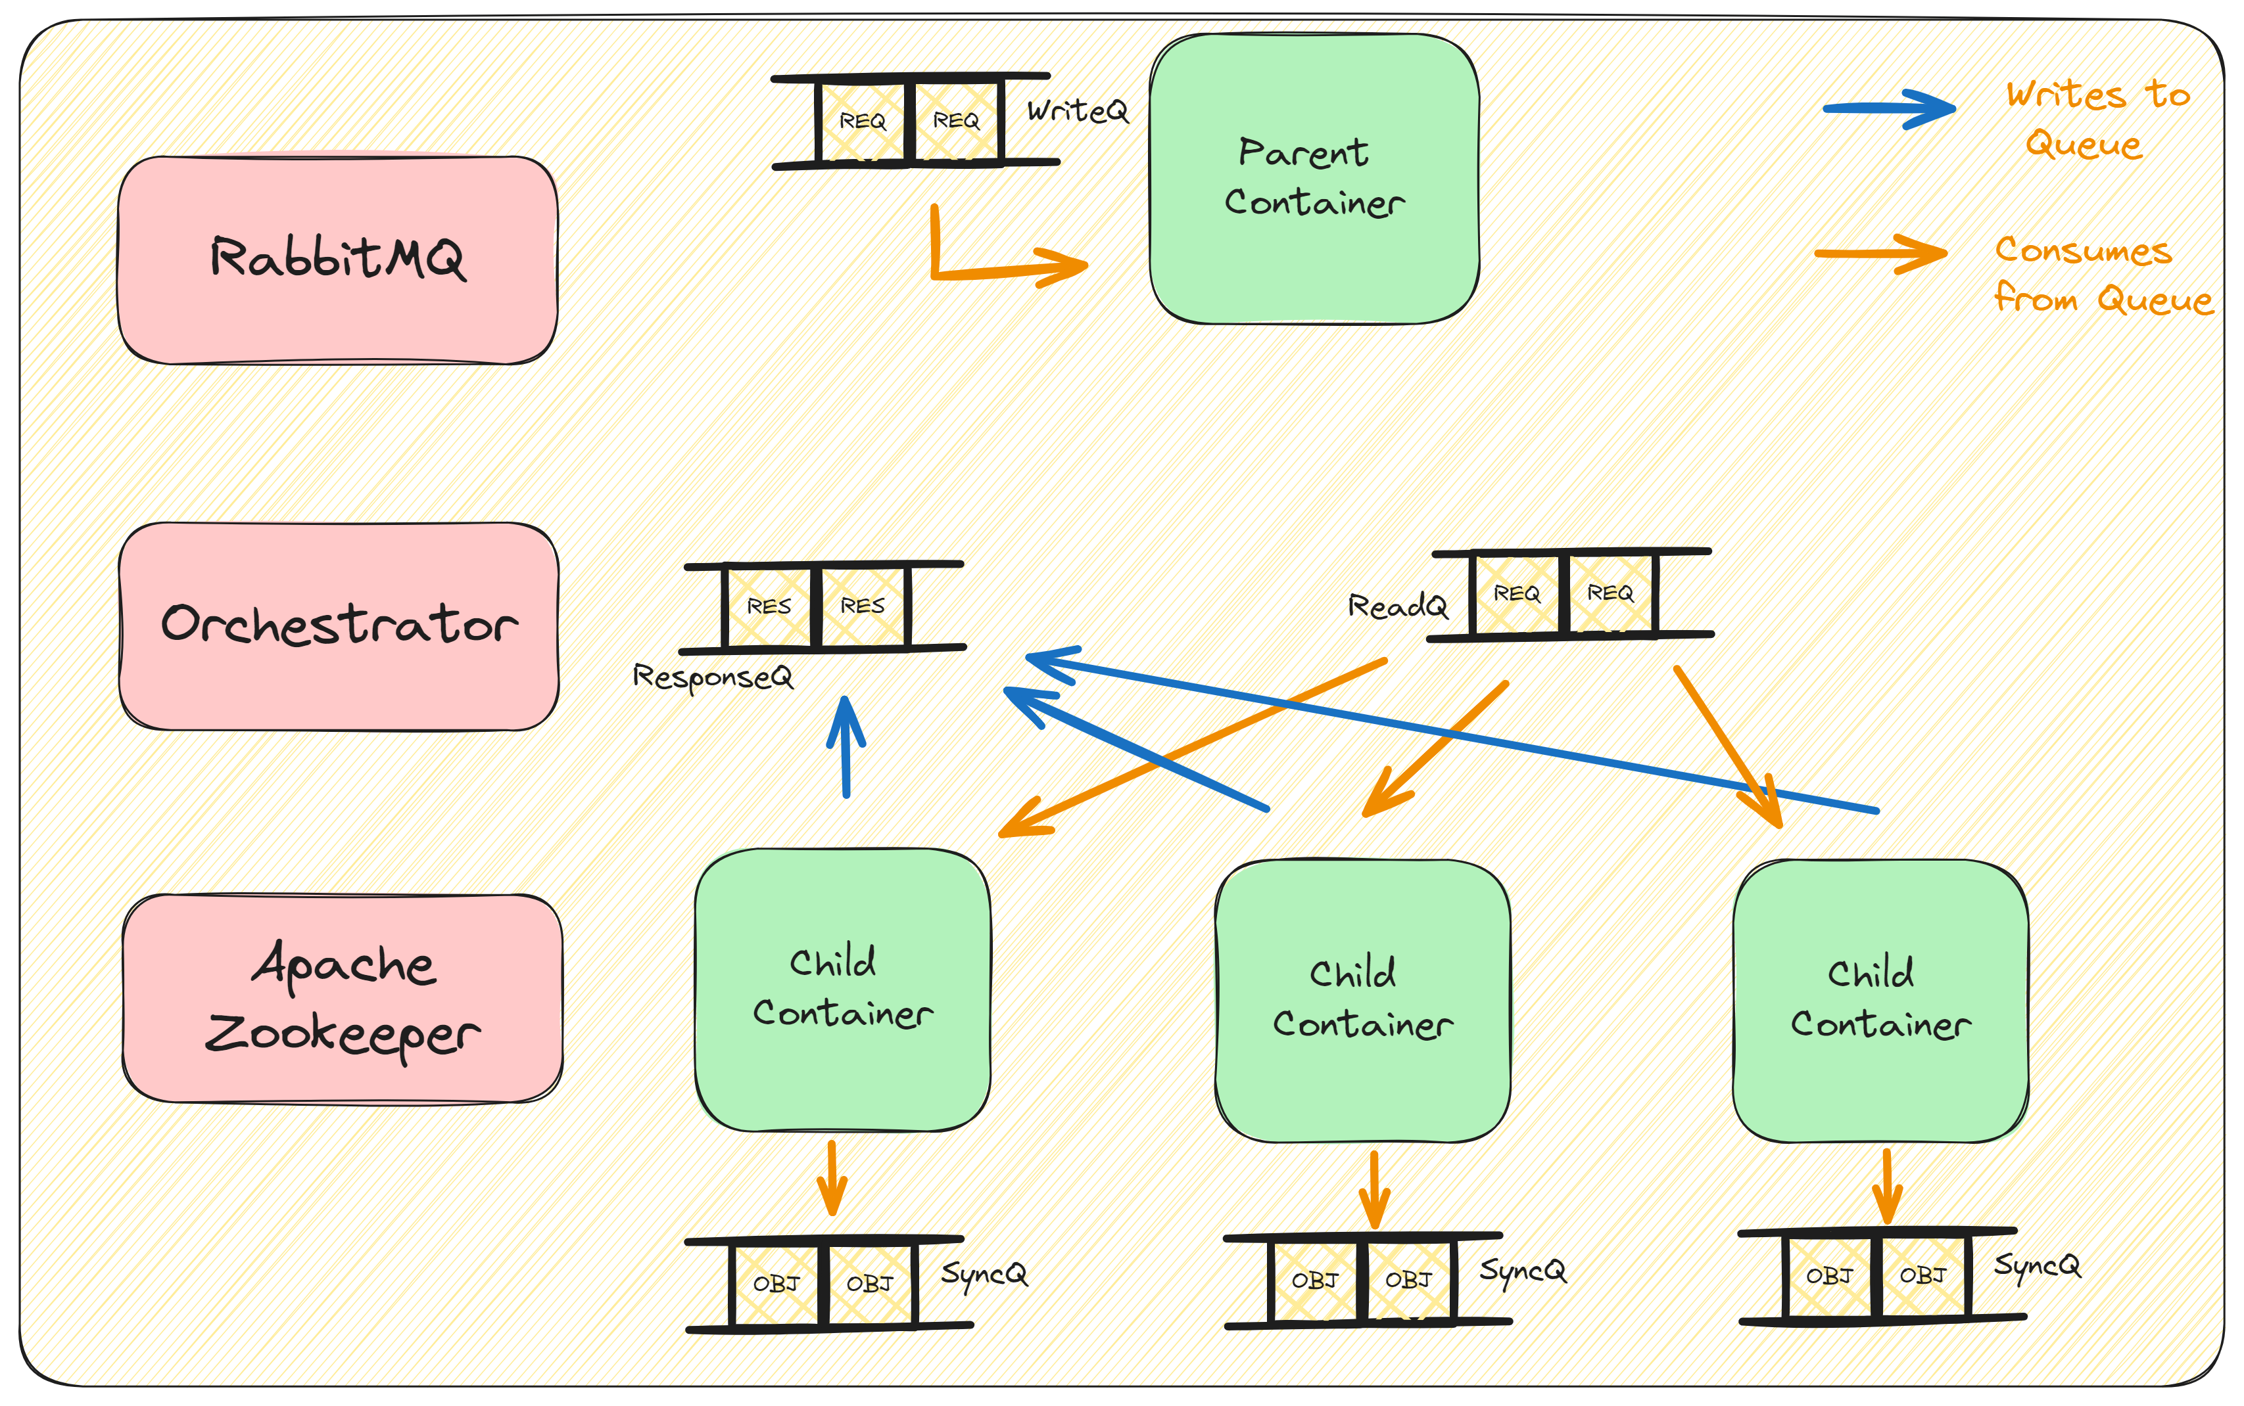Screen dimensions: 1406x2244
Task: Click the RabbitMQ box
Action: (x=338, y=260)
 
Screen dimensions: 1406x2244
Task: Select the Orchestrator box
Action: (x=339, y=626)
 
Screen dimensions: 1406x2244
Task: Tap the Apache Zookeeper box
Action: (x=343, y=999)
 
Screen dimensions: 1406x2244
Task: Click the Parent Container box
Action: (x=1314, y=179)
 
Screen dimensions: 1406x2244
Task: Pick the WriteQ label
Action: (x=1078, y=112)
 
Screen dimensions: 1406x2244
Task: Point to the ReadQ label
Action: (x=1397, y=606)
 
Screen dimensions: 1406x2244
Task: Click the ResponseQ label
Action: (x=713, y=677)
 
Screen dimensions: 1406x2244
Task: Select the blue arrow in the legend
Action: (x=1888, y=109)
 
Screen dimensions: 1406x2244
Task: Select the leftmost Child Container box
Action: (x=842, y=989)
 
